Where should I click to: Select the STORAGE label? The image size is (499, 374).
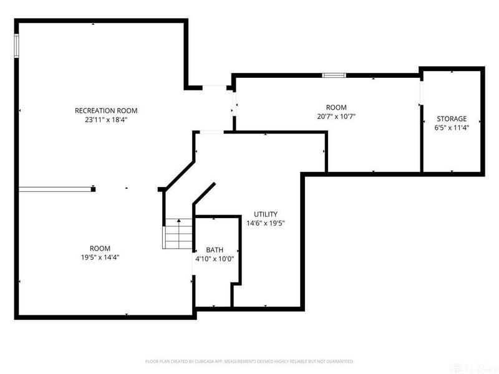click(x=452, y=118)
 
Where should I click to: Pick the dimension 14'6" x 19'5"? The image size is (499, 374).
click(x=265, y=223)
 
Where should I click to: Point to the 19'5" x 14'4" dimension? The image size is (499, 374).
click(x=100, y=256)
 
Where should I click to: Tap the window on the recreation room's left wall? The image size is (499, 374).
click(x=17, y=46)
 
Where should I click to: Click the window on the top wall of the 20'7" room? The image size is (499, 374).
click(x=334, y=75)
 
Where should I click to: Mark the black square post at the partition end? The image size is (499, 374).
click(x=93, y=189)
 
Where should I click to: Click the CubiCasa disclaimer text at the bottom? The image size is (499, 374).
click(x=249, y=361)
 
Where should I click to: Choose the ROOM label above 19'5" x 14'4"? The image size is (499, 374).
click(x=100, y=247)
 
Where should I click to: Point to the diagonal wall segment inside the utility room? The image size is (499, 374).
click(x=204, y=193)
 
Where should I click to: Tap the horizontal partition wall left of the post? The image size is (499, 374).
click(x=55, y=189)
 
